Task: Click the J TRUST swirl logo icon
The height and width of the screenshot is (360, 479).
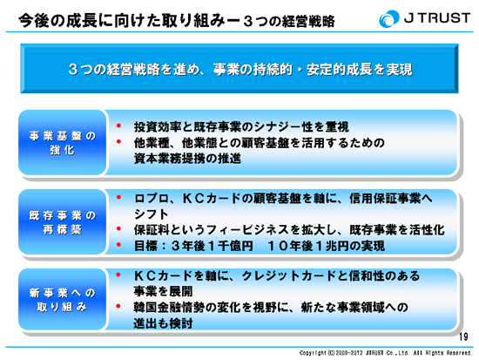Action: point(388,18)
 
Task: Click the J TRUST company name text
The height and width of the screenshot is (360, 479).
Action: point(437,18)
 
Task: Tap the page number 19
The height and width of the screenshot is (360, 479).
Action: point(463,336)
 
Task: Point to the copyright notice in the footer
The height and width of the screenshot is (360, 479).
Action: point(386,353)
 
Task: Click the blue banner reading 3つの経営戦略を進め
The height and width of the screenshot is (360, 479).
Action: point(239,69)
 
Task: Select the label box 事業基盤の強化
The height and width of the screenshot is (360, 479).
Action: point(63,143)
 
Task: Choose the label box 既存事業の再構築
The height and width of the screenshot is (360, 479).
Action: point(63,222)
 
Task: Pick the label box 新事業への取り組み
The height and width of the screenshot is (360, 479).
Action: point(63,300)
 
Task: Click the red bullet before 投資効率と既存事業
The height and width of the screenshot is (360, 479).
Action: point(118,126)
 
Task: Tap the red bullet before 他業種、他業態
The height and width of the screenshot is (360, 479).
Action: point(118,141)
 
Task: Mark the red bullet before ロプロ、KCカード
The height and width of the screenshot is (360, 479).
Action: point(118,197)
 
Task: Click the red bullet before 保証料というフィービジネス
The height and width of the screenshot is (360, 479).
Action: point(118,228)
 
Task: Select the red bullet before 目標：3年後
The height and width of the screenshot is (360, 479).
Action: point(118,245)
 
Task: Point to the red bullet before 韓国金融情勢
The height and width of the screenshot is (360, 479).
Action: point(118,306)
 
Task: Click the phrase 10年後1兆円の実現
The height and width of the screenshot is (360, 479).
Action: point(326,246)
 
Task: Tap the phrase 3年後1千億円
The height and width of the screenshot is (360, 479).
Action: point(212,246)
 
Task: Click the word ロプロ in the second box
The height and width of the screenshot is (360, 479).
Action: point(152,199)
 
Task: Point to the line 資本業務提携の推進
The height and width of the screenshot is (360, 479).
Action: point(187,159)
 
